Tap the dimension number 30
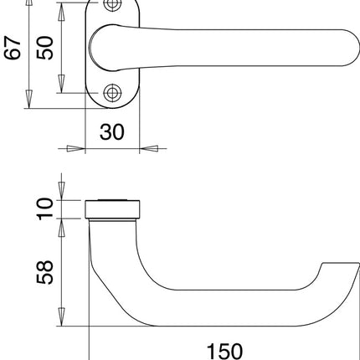(111, 131)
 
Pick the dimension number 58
(46, 271)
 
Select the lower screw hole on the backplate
(111, 93)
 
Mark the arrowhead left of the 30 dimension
(76, 150)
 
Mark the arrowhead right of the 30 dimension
(147, 150)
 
